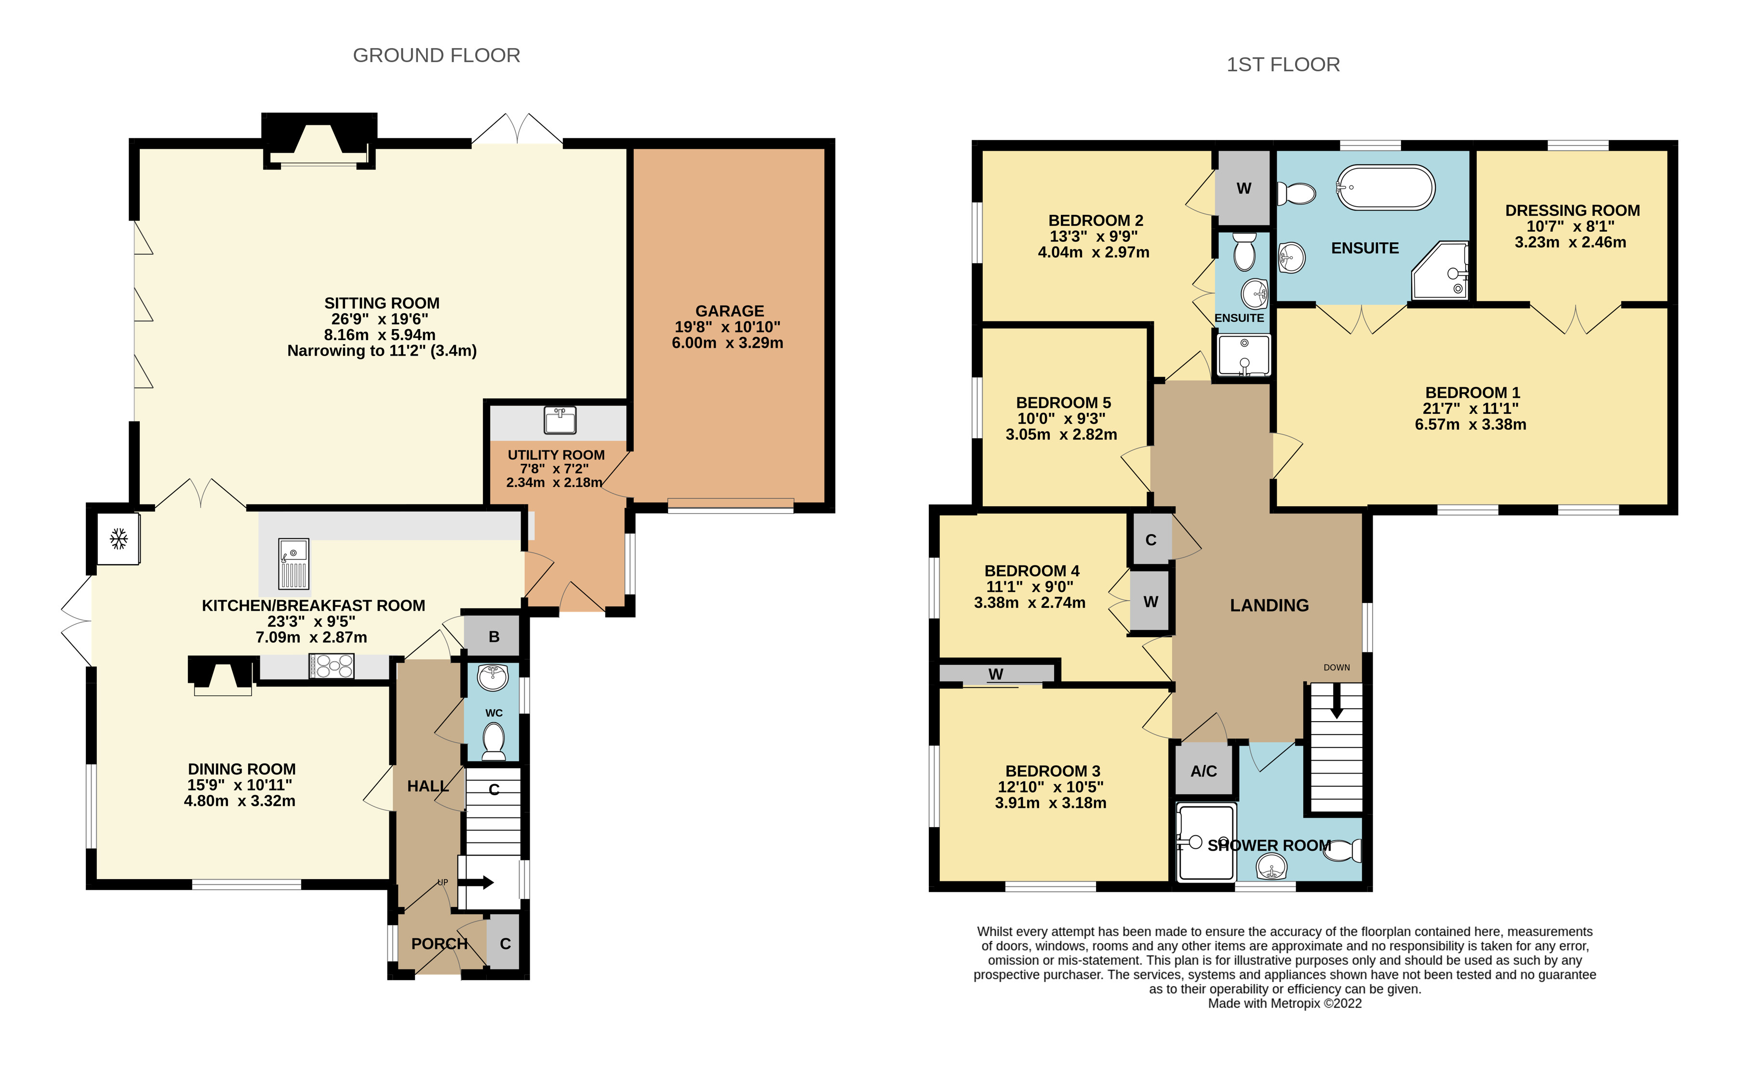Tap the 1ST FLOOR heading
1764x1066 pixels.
(x=1283, y=65)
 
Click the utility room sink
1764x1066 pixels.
(x=560, y=420)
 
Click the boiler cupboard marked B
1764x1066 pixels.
(x=493, y=637)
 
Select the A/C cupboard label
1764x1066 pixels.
(x=1203, y=771)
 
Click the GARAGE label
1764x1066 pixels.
(x=730, y=311)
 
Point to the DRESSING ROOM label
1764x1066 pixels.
(x=1572, y=211)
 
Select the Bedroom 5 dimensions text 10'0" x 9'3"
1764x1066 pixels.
(x=1061, y=419)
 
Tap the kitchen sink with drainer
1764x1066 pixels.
(x=294, y=564)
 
